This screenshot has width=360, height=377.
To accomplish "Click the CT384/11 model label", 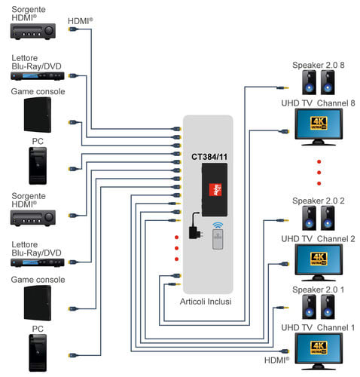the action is (209, 157).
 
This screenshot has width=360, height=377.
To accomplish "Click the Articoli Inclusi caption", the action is (206, 302).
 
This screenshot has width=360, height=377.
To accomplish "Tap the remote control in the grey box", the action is (218, 240).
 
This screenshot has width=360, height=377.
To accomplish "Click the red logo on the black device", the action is (215, 190).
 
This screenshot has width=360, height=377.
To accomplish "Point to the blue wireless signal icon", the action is (218, 225).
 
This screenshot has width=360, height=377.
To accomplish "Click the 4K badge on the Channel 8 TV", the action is (319, 123).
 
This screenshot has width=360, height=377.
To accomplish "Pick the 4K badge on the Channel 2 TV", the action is (319, 259).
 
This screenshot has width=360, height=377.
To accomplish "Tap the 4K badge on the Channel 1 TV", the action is (319, 348).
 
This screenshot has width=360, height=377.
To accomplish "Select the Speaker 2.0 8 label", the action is (319, 65).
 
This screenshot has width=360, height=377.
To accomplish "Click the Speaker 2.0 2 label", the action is (319, 201).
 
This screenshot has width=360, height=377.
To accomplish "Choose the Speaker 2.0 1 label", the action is (318, 290).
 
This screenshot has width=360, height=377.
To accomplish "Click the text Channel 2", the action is (336, 239).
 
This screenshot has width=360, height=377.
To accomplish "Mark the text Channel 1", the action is (336, 327).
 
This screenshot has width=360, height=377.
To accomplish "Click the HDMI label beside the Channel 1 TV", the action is (276, 360).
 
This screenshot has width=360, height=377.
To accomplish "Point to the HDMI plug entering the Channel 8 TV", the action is (283, 131).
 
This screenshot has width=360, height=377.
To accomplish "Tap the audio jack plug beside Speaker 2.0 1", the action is (282, 308).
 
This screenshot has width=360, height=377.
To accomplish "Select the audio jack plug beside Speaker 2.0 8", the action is (282, 88).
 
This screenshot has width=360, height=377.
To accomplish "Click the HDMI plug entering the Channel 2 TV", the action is (283, 264).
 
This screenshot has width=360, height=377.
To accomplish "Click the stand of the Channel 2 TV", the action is (319, 278).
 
